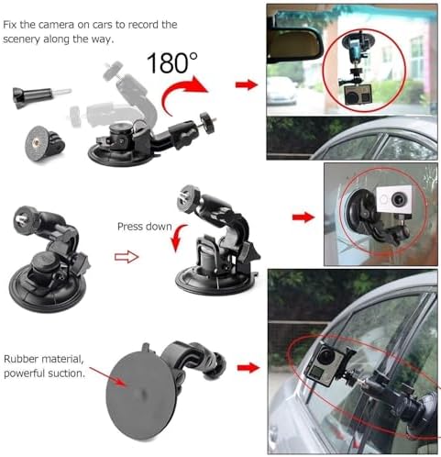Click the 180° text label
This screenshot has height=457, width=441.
coord(172,62)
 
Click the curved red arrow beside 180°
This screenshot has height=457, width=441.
coord(184,95)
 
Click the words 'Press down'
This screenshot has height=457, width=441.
coord(145,227)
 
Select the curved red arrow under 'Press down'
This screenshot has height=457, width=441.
coord(178,238)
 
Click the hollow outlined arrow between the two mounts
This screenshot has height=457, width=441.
coord(127,257)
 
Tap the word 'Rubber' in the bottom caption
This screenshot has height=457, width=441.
coord(21,359)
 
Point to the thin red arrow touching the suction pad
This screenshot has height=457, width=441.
coord(107,377)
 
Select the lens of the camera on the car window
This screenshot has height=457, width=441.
coord(325,355)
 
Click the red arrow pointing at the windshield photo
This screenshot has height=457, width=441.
coord(247,84)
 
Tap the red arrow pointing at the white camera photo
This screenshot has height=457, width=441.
coord(303,217)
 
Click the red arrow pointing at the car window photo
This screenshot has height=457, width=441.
coord(248,367)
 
